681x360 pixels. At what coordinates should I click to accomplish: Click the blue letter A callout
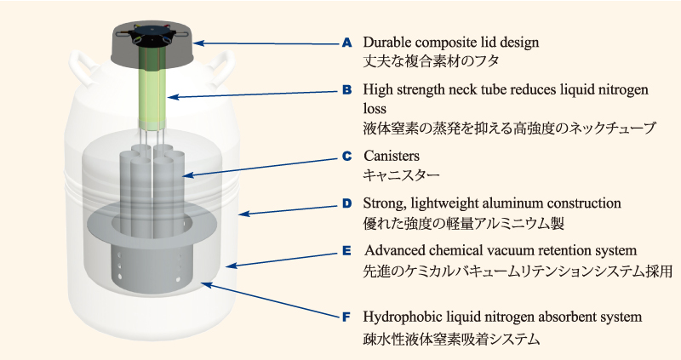[346, 43]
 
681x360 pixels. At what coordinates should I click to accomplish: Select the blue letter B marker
[346, 90]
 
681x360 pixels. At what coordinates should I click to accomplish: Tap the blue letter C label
[346, 157]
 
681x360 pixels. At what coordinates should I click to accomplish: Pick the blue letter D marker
[346, 203]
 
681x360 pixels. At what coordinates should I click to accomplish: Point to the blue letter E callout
[346, 251]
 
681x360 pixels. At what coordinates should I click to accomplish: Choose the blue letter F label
[346, 317]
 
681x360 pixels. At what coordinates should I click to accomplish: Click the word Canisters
[392, 156]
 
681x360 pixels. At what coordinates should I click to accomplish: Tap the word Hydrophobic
[399, 317]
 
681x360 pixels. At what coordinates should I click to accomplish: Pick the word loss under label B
[375, 109]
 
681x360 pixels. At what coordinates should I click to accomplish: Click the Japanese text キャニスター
[401, 175]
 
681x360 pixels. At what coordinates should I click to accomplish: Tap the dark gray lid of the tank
[152, 49]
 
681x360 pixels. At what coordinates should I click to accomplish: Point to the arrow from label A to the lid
[266, 43]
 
